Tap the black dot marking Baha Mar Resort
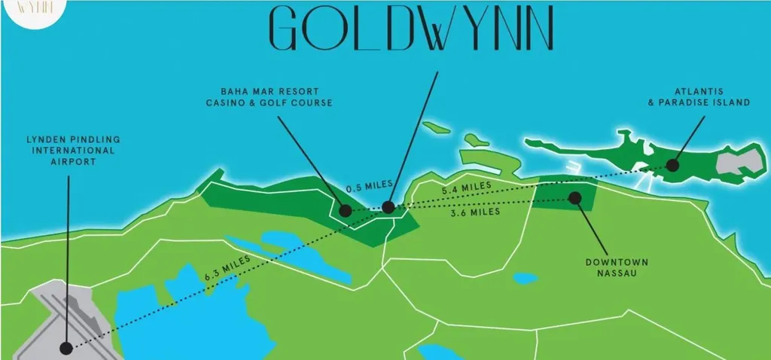345,211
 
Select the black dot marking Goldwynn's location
388,206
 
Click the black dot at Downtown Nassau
574,197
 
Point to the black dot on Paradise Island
672,165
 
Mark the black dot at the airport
67,348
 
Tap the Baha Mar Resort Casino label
270,96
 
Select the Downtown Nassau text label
617,267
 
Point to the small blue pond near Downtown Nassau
524,278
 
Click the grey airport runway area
45,316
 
